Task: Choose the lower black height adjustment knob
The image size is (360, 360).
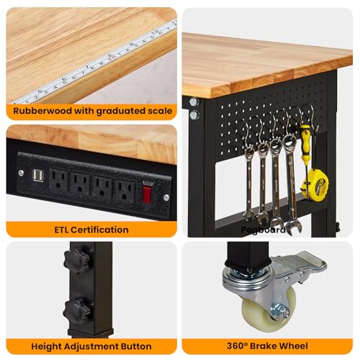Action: [x=77, y=312]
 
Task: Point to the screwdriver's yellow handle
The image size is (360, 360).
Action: [x=305, y=140]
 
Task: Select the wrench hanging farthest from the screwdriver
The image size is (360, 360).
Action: [x=248, y=180]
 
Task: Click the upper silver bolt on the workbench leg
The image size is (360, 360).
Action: [x=193, y=102]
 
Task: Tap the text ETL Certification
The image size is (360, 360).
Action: [x=91, y=230]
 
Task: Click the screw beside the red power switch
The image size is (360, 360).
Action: [x=166, y=196]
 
